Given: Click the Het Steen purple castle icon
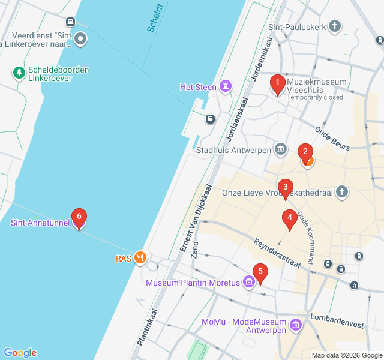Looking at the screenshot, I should [225, 87].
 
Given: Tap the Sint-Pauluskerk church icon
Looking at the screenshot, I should [335, 26].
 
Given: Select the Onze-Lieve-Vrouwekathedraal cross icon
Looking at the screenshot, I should [341, 192].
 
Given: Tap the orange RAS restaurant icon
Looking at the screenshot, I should [140, 258].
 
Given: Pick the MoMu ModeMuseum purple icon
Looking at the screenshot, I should [295, 325].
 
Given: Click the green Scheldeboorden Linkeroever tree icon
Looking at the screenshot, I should [19, 73].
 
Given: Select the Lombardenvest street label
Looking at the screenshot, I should [337, 320].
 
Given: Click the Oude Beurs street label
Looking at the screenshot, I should [332, 137].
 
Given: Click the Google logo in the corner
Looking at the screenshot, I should [20, 353].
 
